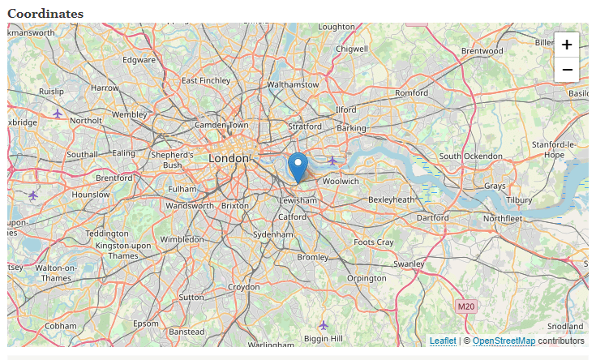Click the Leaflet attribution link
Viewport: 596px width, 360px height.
click(x=443, y=341)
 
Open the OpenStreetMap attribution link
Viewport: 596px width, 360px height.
click(x=504, y=341)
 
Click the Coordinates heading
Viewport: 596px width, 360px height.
click(x=45, y=14)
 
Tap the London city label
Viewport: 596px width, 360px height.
click(x=228, y=158)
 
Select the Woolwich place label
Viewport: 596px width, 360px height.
click(x=341, y=181)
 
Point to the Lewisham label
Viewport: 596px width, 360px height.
click(x=297, y=200)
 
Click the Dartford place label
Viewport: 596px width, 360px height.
click(x=432, y=217)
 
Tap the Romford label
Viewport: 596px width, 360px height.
click(x=411, y=93)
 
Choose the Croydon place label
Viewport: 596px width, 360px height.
click(x=243, y=287)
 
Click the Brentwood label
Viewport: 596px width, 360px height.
click(x=482, y=51)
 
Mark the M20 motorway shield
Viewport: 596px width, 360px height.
click(x=465, y=306)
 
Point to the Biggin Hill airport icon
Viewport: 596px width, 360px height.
click(x=324, y=325)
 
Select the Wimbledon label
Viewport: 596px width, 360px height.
click(x=182, y=240)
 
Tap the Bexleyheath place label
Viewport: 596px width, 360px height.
click(x=391, y=199)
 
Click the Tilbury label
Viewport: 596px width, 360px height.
click(x=519, y=199)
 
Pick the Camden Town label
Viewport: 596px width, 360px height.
click(x=221, y=126)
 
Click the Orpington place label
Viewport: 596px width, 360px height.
click(x=367, y=278)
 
